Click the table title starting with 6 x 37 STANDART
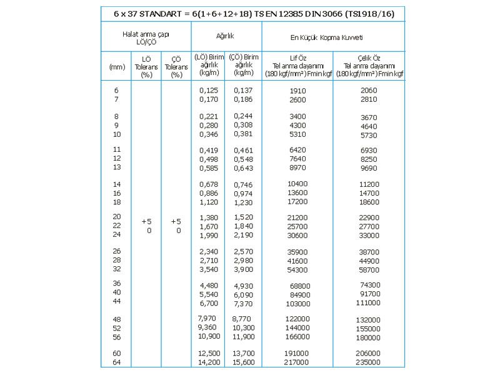pyautogui.click(x=250, y=14)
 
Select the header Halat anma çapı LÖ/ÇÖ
pyautogui.click(x=146, y=37)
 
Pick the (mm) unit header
pyautogui.click(x=117, y=66)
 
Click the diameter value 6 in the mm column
pyautogui.click(x=116, y=90)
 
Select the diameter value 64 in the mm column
pyautogui.click(x=116, y=362)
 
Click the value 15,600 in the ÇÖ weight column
pyautogui.click(x=244, y=362)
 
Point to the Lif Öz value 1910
pyautogui.click(x=298, y=91)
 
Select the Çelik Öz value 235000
pyautogui.click(x=369, y=362)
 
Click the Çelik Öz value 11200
pyautogui.click(x=369, y=184)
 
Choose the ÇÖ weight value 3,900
pyautogui.click(x=244, y=269)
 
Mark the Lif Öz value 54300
pyautogui.click(x=297, y=269)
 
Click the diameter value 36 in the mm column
pyautogui.click(x=116, y=283)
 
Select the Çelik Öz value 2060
pyautogui.click(x=369, y=91)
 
